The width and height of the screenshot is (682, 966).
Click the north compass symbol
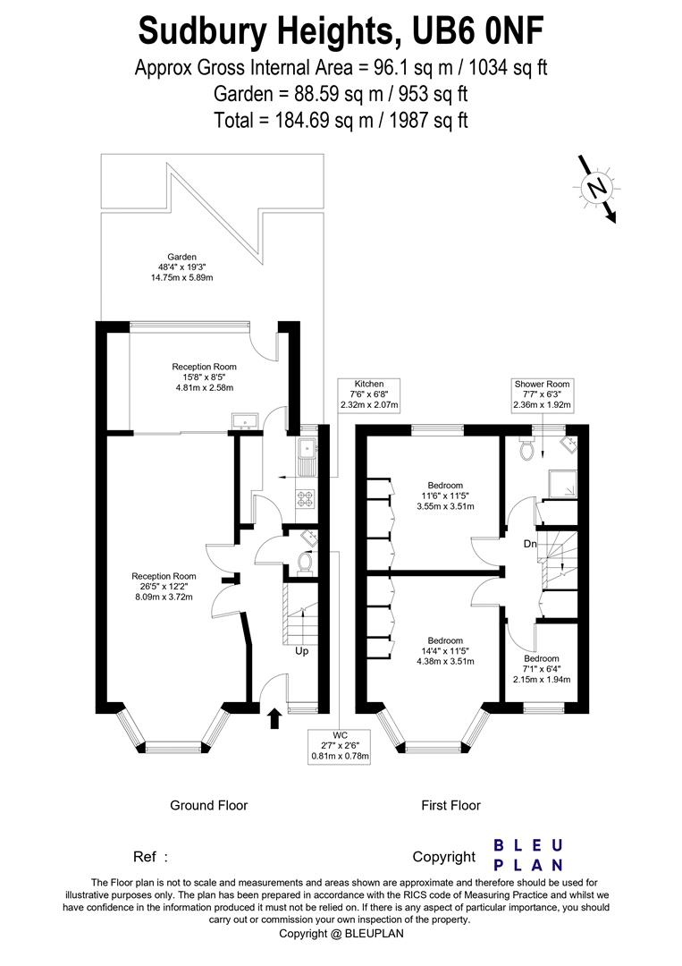[x=596, y=188]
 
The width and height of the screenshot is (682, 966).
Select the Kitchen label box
[x=368, y=395]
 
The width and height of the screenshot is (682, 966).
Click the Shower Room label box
[x=543, y=395]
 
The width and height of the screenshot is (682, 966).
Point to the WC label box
[x=340, y=746]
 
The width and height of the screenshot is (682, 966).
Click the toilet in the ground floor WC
[x=304, y=562]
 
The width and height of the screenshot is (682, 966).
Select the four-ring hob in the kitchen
[x=306, y=498]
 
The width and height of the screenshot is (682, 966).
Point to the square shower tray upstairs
[x=564, y=484]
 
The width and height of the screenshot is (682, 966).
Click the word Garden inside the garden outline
[x=181, y=257]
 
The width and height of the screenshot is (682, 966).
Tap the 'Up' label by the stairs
[x=301, y=651]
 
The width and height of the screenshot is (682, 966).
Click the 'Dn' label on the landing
[x=530, y=544]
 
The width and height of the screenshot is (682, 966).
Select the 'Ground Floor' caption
[x=208, y=805]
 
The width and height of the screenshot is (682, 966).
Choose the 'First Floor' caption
[x=450, y=805]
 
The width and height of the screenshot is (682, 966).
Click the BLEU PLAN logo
[x=529, y=856]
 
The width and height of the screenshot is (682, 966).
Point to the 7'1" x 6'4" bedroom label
[x=542, y=669]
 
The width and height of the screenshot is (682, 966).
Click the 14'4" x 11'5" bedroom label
[x=445, y=651]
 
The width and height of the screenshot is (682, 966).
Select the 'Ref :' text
[x=150, y=857]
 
